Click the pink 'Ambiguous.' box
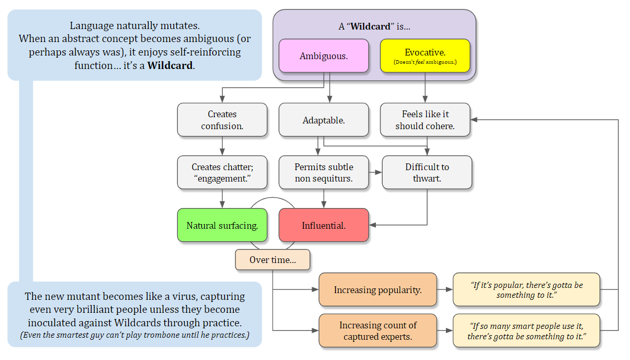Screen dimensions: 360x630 tap(324, 56)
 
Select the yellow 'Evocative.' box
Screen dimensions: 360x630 tap(425, 56)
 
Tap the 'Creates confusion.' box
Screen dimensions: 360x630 tap(222, 120)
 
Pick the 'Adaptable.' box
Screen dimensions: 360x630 tap(324, 120)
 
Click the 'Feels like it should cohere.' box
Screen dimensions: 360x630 tap(425, 120)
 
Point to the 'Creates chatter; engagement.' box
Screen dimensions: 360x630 tap(222, 173)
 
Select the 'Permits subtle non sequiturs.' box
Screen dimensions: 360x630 tap(324, 173)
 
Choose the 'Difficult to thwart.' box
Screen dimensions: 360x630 tap(427, 173)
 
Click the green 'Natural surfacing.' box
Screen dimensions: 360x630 tap(222, 225)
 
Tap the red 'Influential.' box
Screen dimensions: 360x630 tap(324, 225)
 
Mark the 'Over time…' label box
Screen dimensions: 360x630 tap(272, 260)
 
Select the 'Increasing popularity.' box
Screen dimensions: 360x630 tap(377, 290)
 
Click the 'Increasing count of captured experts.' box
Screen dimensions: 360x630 tap(377, 331)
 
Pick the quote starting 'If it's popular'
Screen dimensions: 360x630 tap(526, 290)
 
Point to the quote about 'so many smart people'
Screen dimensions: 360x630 tap(526, 331)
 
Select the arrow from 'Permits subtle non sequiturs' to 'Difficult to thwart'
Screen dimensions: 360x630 tap(375, 172)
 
